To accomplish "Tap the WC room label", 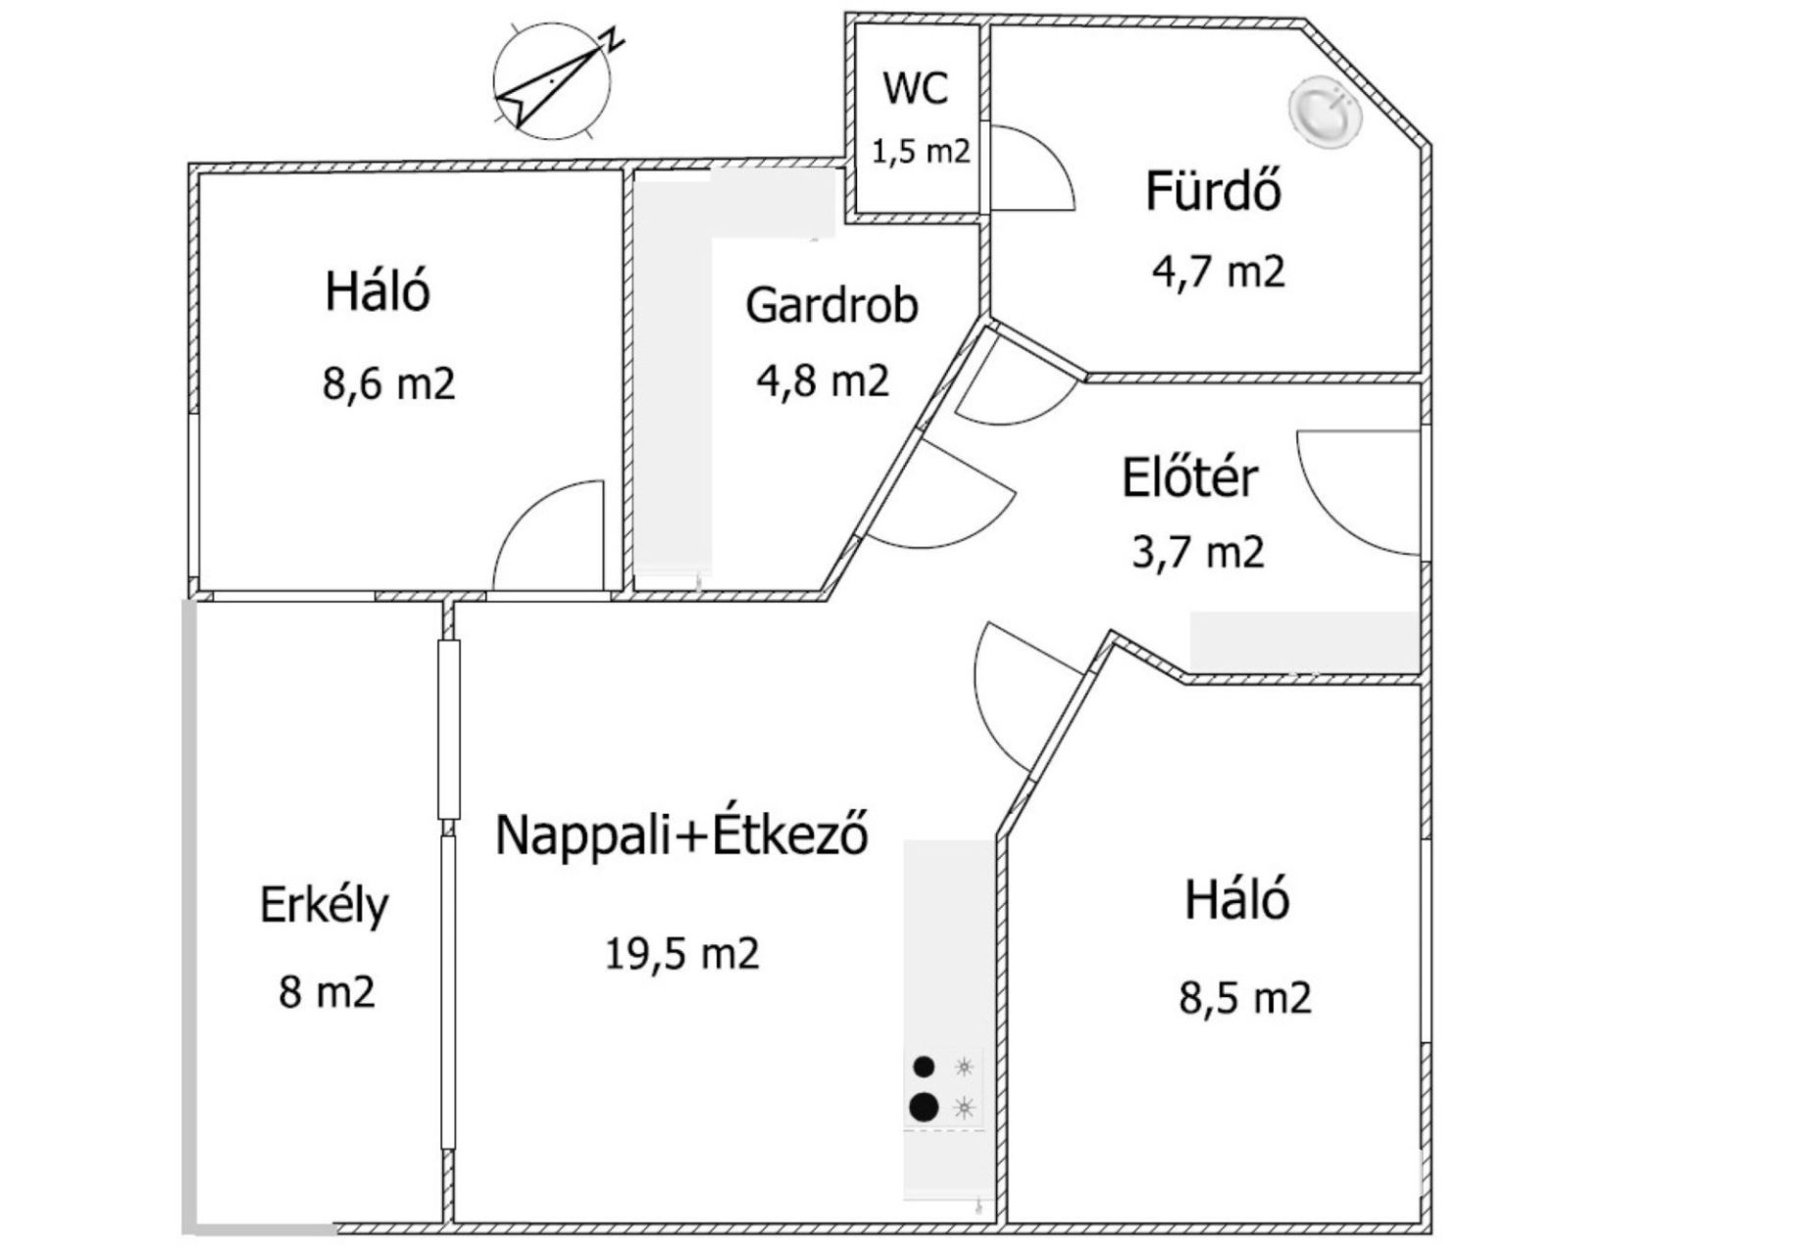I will click(916, 87).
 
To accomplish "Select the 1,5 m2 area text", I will click(921, 152).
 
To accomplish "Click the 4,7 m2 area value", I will click(1218, 271).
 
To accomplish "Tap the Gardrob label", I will click(831, 305).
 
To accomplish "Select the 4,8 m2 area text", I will click(823, 380).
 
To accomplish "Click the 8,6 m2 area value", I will click(389, 383).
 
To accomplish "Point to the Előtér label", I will click(1189, 478).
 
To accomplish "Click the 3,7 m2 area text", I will click(1198, 552).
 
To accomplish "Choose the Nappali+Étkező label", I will click(682, 835).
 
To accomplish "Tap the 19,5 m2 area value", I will click(682, 953).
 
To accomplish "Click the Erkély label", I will click(325, 906).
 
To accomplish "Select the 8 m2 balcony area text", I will click(326, 991).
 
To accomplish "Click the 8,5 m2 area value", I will click(1245, 998).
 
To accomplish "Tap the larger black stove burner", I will click(924, 1107).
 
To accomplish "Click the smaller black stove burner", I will click(924, 1066).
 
